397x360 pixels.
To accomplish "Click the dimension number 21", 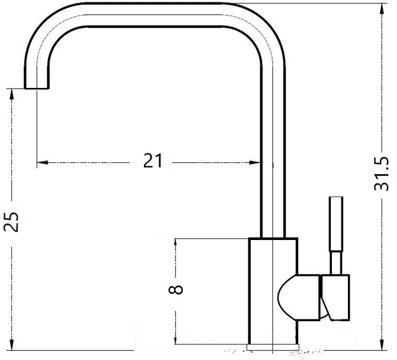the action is (x=153, y=161).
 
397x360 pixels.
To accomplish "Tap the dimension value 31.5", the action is (x=381, y=174).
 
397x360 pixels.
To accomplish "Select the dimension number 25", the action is (x=11, y=222).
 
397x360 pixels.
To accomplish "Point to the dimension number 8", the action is (x=175, y=289).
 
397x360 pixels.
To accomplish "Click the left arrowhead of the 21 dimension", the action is (x=42, y=162).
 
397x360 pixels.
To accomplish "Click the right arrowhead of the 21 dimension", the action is (x=255, y=162).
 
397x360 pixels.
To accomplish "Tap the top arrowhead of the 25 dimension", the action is (x=11, y=94).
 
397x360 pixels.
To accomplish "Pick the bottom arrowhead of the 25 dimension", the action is (x=11, y=345).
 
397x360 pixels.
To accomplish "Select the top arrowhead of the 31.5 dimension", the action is (x=382, y=9).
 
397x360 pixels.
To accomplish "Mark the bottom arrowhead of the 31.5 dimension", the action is (x=382, y=345).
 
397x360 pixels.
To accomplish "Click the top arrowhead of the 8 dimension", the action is (x=175, y=244).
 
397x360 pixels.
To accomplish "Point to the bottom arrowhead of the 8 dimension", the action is (x=175, y=339).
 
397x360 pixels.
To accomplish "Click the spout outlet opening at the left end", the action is (x=37, y=89).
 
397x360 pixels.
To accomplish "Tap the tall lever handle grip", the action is (x=336, y=223).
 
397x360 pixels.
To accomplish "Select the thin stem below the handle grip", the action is (x=336, y=263).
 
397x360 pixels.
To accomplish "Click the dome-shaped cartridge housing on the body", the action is (x=299, y=297).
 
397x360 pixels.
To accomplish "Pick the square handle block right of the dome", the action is (x=335, y=298).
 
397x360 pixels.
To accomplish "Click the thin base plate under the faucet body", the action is (x=272, y=347).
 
